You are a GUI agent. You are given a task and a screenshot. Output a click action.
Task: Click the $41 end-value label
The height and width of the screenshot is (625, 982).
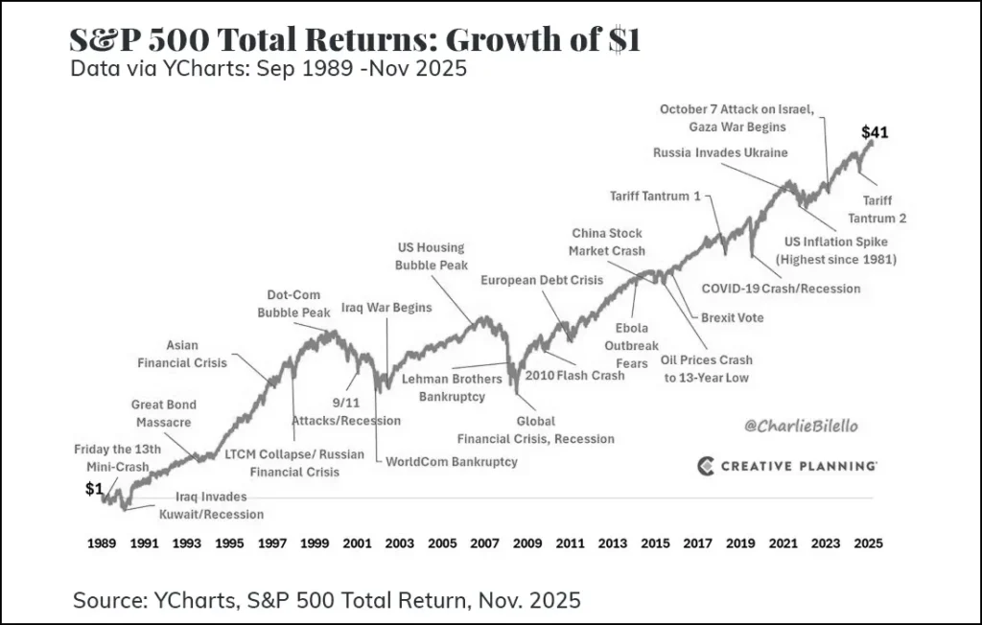point(875,132)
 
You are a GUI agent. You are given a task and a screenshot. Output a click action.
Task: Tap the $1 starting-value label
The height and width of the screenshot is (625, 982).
point(94,489)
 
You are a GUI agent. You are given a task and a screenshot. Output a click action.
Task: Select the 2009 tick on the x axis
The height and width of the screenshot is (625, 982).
point(527,543)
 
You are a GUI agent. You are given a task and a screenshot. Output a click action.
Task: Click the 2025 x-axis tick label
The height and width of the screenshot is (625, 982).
point(867,543)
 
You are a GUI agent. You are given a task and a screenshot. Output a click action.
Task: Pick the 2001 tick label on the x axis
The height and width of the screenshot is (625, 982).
point(358,543)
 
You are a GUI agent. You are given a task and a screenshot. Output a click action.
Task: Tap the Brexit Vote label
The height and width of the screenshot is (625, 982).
point(733,317)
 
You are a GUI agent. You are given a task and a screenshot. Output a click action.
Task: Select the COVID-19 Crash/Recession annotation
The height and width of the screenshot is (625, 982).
point(781,288)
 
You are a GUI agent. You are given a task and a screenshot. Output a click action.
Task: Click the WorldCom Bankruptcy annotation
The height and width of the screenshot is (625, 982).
point(451,461)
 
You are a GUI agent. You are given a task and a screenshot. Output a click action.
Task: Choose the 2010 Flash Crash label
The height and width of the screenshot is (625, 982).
point(574,375)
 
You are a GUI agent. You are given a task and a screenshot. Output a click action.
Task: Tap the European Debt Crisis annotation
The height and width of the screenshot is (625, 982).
point(543,280)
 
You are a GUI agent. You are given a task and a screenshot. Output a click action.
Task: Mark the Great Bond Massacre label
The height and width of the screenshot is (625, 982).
point(163,413)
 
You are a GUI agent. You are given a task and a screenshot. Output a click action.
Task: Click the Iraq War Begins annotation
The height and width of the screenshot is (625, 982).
point(386,308)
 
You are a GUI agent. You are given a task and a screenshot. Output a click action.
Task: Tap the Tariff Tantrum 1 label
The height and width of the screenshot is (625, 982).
point(656,197)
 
